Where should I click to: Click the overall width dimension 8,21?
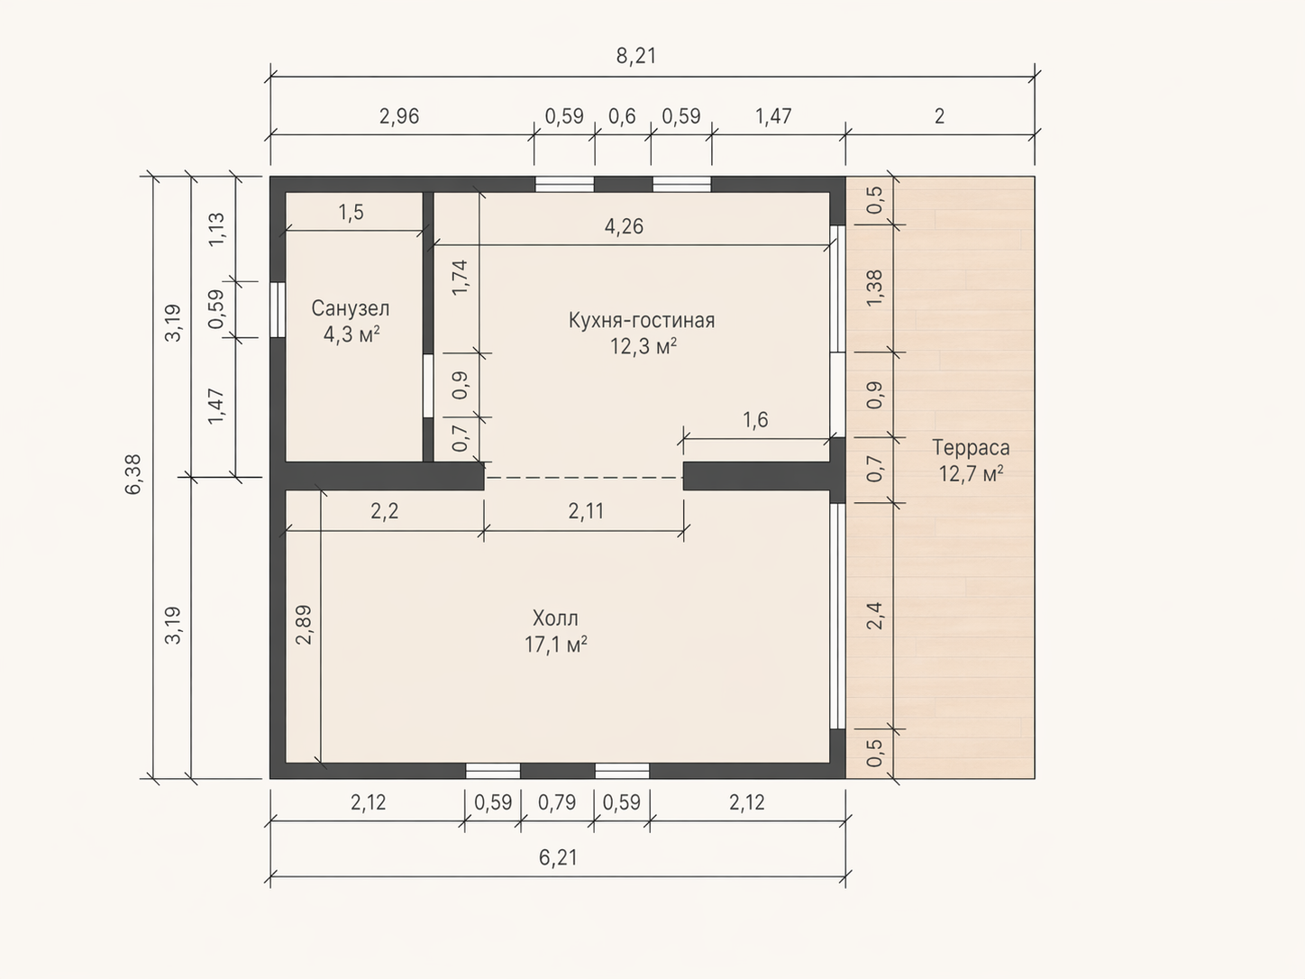pyautogui.click(x=636, y=56)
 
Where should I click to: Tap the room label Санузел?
pyautogui.click(x=351, y=308)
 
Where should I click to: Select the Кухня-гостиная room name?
pyautogui.click(x=642, y=320)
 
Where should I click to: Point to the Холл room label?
pyautogui.click(x=555, y=618)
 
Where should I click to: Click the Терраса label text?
pyautogui.click(x=971, y=447)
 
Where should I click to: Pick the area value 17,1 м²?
pyautogui.click(x=556, y=645)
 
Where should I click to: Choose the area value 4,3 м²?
pyautogui.click(x=351, y=334)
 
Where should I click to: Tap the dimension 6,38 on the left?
pyautogui.click(x=133, y=474)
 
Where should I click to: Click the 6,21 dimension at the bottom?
pyautogui.click(x=558, y=857)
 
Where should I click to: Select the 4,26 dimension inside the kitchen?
pyautogui.click(x=624, y=226)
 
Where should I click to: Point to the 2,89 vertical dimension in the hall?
pyautogui.click(x=304, y=625)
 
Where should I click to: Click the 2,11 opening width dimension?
pyautogui.click(x=586, y=510)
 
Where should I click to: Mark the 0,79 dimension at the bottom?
pyautogui.click(x=557, y=802)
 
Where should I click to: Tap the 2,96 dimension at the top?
pyautogui.click(x=399, y=116)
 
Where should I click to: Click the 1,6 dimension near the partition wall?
pyautogui.click(x=755, y=420)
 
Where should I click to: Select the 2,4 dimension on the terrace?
pyautogui.click(x=874, y=615)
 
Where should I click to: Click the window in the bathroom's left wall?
pyautogui.click(x=278, y=310)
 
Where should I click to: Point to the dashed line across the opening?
pyautogui.click(x=583, y=477)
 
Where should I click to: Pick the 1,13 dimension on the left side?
pyautogui.click(x=216, y=229)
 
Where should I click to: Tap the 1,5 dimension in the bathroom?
pyautogui.click(x=351, y=212)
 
